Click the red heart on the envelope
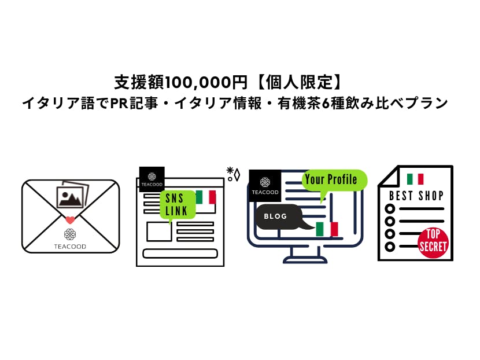coord(70,220)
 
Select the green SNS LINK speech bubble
coord(177,204)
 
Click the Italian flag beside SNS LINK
coord(205,197)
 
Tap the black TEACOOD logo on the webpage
coord(152,179)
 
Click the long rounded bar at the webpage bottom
coord(179,254)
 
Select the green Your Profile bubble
coord(334,179)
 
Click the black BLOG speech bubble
coord(278,216)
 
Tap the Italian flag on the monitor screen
coord(327,229)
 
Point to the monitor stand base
coord(305,259)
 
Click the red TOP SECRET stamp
coord(433,241)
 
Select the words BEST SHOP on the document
coord(416,195)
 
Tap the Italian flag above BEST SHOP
coord(415,179)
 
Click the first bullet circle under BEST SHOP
coord(390,209)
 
